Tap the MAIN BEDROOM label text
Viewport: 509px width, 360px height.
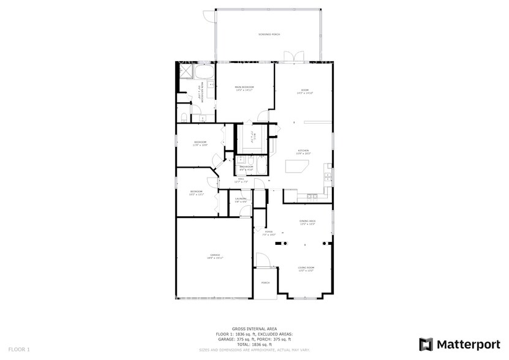244,88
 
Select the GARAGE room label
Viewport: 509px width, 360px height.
215,256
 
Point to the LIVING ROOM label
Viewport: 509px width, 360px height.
306,268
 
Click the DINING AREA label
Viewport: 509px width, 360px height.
307,222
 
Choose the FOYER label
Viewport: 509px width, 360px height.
269,233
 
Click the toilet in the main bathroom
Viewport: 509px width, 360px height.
184,117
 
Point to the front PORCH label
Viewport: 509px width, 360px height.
265,283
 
